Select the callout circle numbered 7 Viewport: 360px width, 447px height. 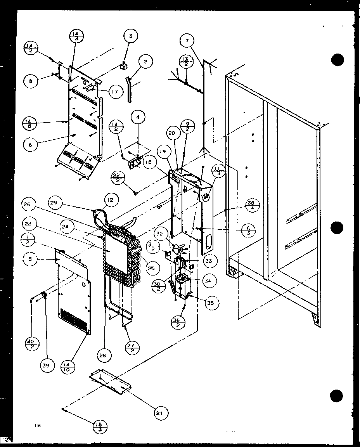coord(187,41)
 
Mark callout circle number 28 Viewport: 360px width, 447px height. coord(104,354)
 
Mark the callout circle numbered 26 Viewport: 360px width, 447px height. coord(29,204)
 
